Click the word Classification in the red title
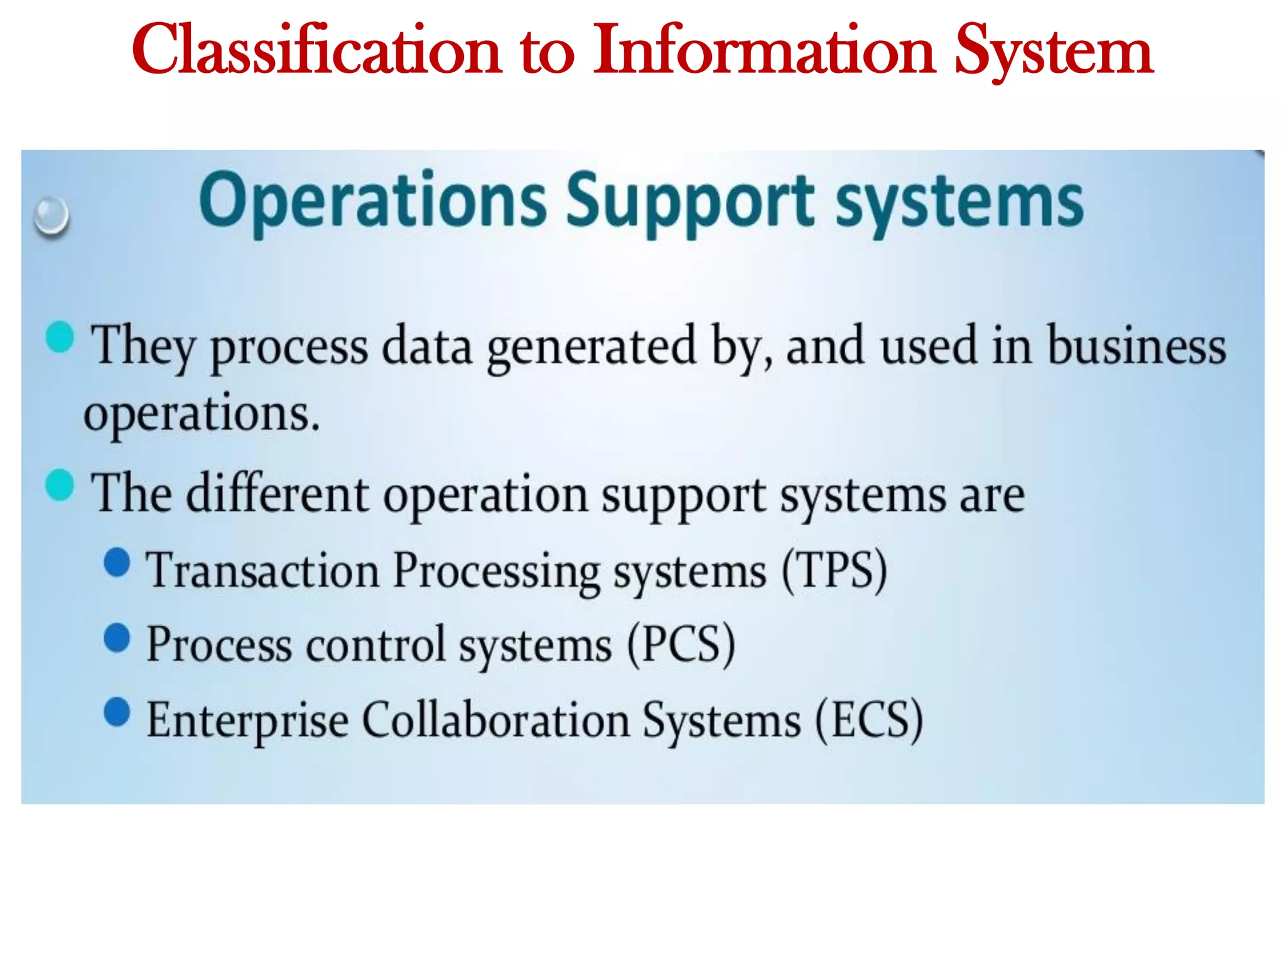[317, 50]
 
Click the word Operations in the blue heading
[373, 201]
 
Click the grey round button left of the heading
[51, 216]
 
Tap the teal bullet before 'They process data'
[60, 337]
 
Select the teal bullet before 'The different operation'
[60, 485]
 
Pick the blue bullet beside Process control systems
[117, 638]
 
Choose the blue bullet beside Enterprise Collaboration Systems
[117, 712]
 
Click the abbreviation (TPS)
[835, 570]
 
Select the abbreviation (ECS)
[869, 720]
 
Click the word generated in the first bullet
[592, 347]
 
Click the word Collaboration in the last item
[496, 720]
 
